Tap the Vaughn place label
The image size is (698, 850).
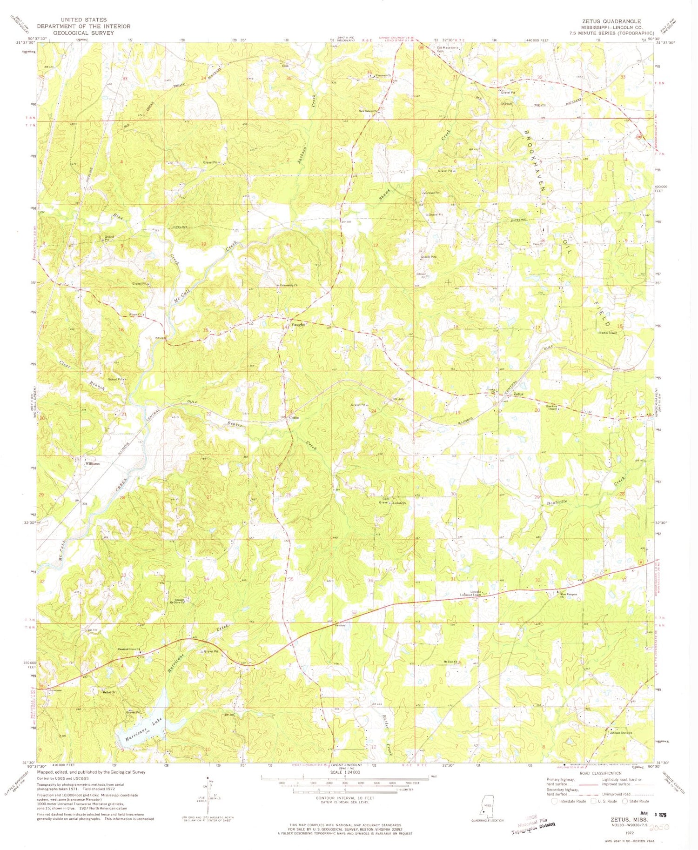pos(298,325)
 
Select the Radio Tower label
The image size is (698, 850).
pos(608,333)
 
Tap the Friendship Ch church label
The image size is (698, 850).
pos(289,285)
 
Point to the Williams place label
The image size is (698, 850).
pos(92,464)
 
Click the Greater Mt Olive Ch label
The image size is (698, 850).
pos(180,601)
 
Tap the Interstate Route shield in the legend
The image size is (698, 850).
pos(554,801)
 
